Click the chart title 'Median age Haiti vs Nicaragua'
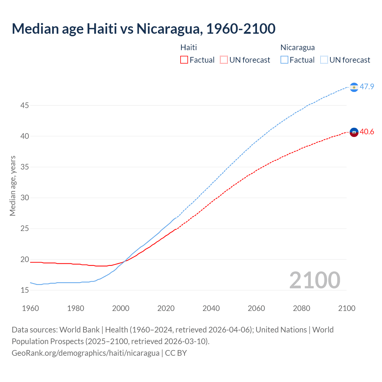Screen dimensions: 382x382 [143, 29]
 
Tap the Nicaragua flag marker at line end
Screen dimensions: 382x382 [354, 87]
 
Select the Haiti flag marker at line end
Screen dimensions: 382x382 [354, 132]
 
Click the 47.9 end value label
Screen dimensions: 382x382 [367, 87]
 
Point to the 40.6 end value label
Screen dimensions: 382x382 [367, 132]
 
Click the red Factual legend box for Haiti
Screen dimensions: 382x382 [184, 60]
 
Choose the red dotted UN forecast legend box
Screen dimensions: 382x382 [224, 60]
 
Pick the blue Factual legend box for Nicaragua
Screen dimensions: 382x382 [284, 60]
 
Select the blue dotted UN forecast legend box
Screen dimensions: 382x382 [324, 60]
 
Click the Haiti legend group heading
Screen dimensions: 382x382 [189, 47]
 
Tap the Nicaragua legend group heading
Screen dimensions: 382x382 [298, 47]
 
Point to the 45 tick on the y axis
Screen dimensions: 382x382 [25, 105]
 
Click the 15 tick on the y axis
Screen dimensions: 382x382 [25, 290]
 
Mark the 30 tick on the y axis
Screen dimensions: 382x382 [25, 198]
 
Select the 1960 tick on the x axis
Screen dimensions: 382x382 [30, 308]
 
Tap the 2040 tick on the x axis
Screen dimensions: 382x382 [211, 308]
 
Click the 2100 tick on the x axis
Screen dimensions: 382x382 [346, 308]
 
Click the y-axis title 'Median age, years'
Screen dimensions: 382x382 [13, 186]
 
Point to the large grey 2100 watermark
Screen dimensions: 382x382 [315, 280]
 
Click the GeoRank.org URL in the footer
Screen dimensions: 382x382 [85, 353]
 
